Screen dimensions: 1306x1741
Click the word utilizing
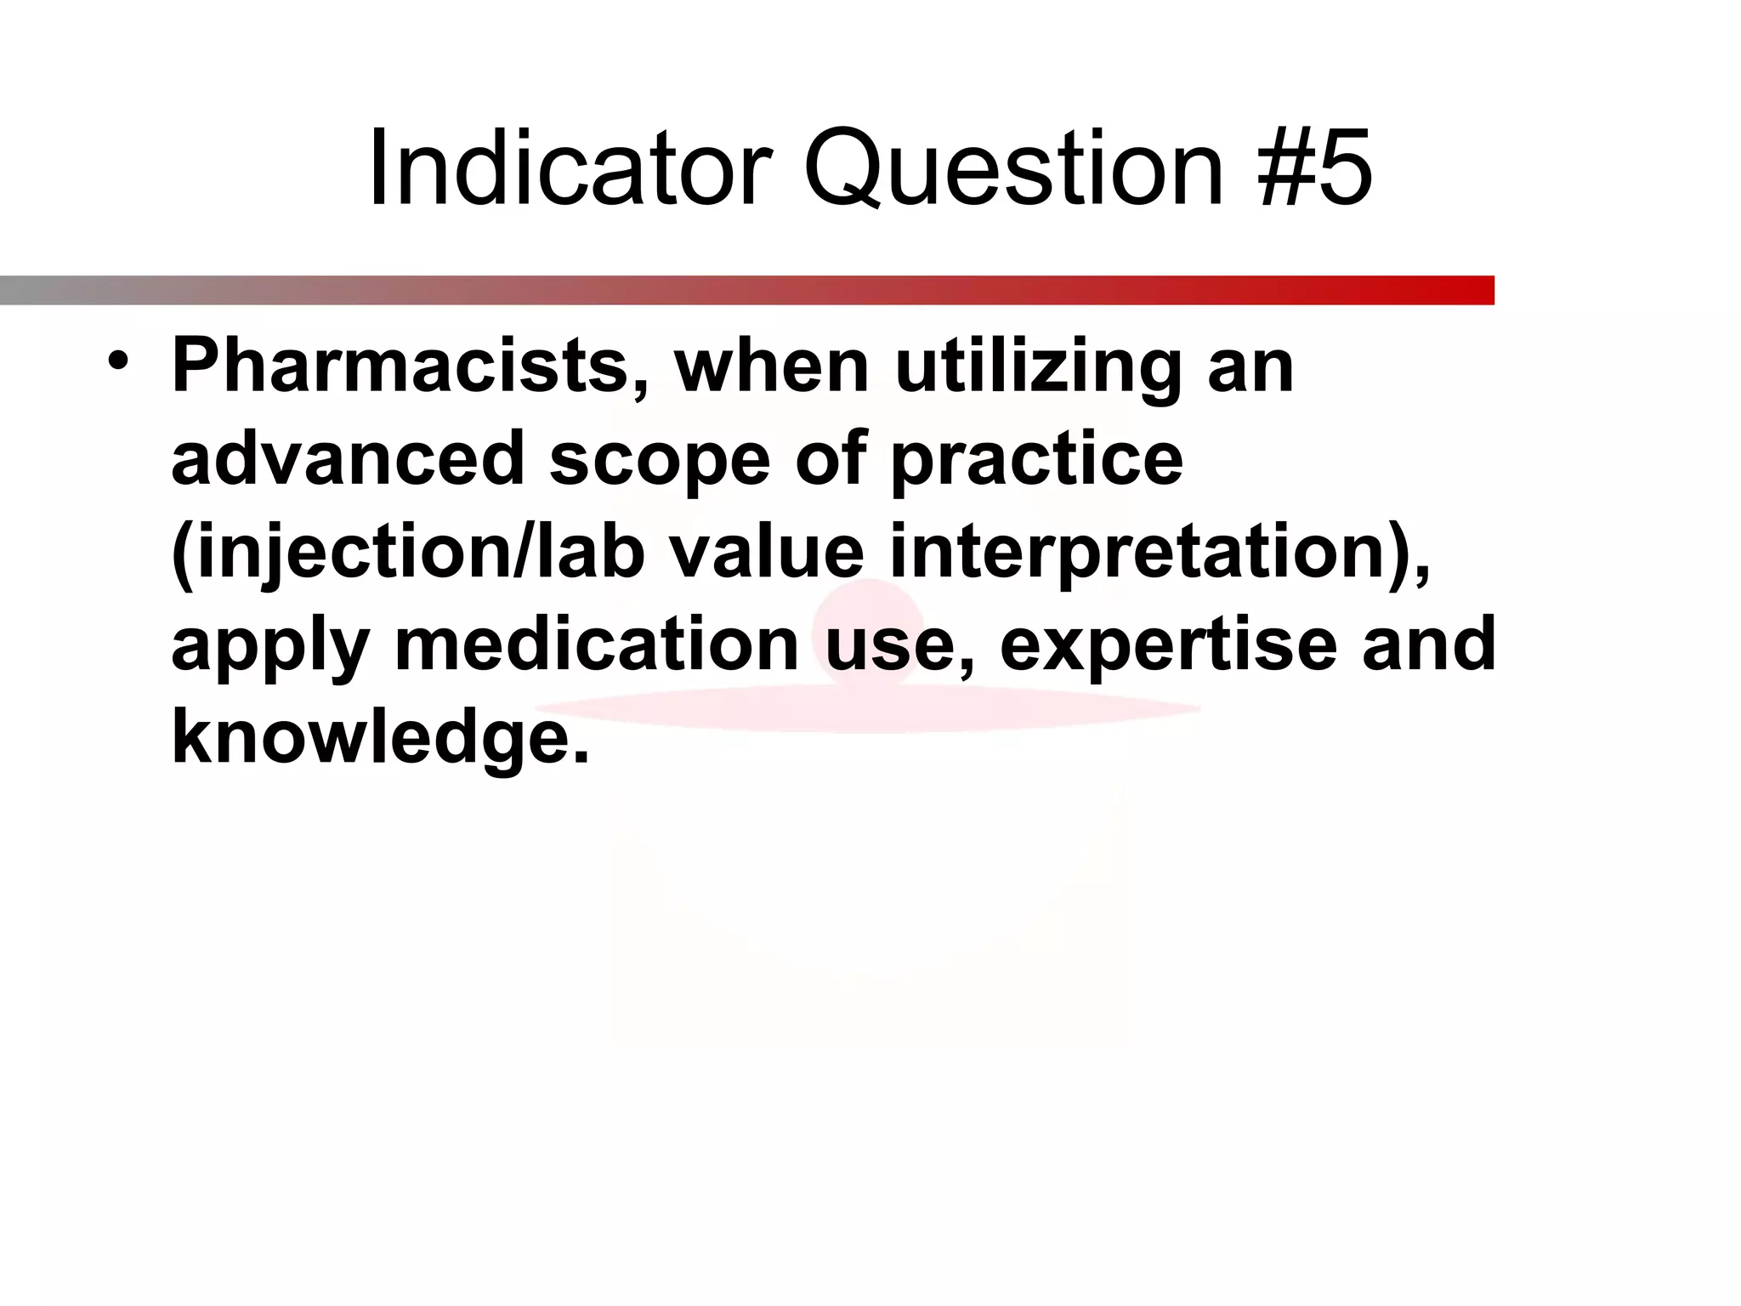click(1038, 366)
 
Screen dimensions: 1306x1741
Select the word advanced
click(347, 458)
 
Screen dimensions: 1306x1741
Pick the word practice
click(1036, 460)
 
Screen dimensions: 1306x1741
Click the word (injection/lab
click(407, 553)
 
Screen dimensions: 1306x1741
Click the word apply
click(269, 646)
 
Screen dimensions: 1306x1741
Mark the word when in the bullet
click(772, 366)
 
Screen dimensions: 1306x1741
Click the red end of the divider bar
click(1475, 290)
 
